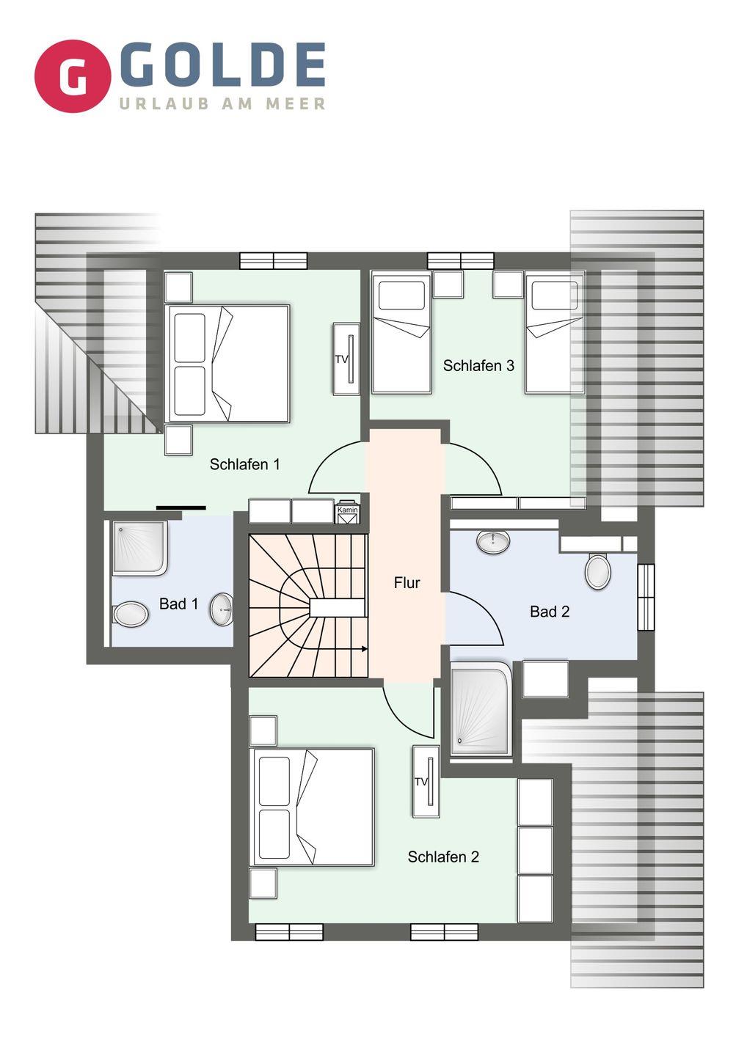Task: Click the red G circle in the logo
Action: pyautogui.click(x=73, y=76)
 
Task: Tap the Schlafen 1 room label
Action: pyautogui.click(x=245, y=464)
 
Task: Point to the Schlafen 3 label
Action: pyautogui.click(x=478, y=365)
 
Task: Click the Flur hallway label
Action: pyautogui.click(x=407, y=583)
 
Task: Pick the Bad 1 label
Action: pyautogui.click(x=179, y=604)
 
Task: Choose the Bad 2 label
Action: pyautogui.click(x=550, y=612)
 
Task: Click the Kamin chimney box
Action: pyautogui.click(x=348, y=512)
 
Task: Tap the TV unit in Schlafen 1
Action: pyautogui.click(x=346, y=359)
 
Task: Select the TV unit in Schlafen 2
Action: pyautogui.click(x=426, y=781)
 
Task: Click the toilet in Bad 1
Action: pyautogui.click(x=131, y=615)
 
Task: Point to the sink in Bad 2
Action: pyautogui.click(x=493, y=541)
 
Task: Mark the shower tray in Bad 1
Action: pyautogui.click(x=139, y=549)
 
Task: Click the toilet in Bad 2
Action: pyautogui.click(x=597, y=571)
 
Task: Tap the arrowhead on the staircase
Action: pyautogui.click(x=364, y=649)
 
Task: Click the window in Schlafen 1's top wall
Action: pyautogui.click(x=274, y=261)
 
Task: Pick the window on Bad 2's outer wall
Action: pyautogui.click(x=646, y=597)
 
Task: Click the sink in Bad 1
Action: pyautogui.click(x=221, y=609)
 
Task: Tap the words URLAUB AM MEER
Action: pyautogui.click(x=222, y=103)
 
